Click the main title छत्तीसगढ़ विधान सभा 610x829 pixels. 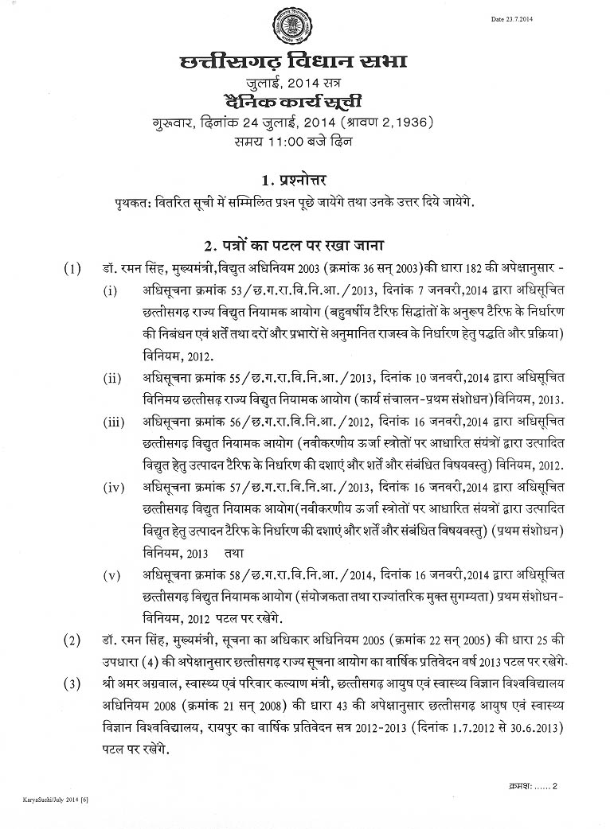pos(294,62)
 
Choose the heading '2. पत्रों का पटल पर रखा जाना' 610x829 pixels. pos(292,244)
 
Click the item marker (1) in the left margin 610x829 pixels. pos(72,268)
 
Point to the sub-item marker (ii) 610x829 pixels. pos(112,377)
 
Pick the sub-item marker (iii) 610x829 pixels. pos(113,422)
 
